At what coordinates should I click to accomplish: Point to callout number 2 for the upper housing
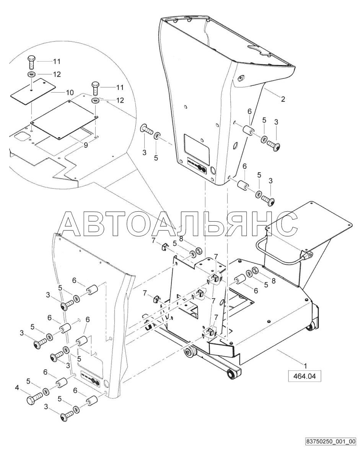(283, 99)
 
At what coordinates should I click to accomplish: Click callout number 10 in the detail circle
(70, 92)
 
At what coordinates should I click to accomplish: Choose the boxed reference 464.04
(305, 377)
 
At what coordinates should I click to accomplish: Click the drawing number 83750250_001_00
(331, 441)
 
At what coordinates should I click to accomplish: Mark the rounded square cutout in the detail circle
(22, 136)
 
